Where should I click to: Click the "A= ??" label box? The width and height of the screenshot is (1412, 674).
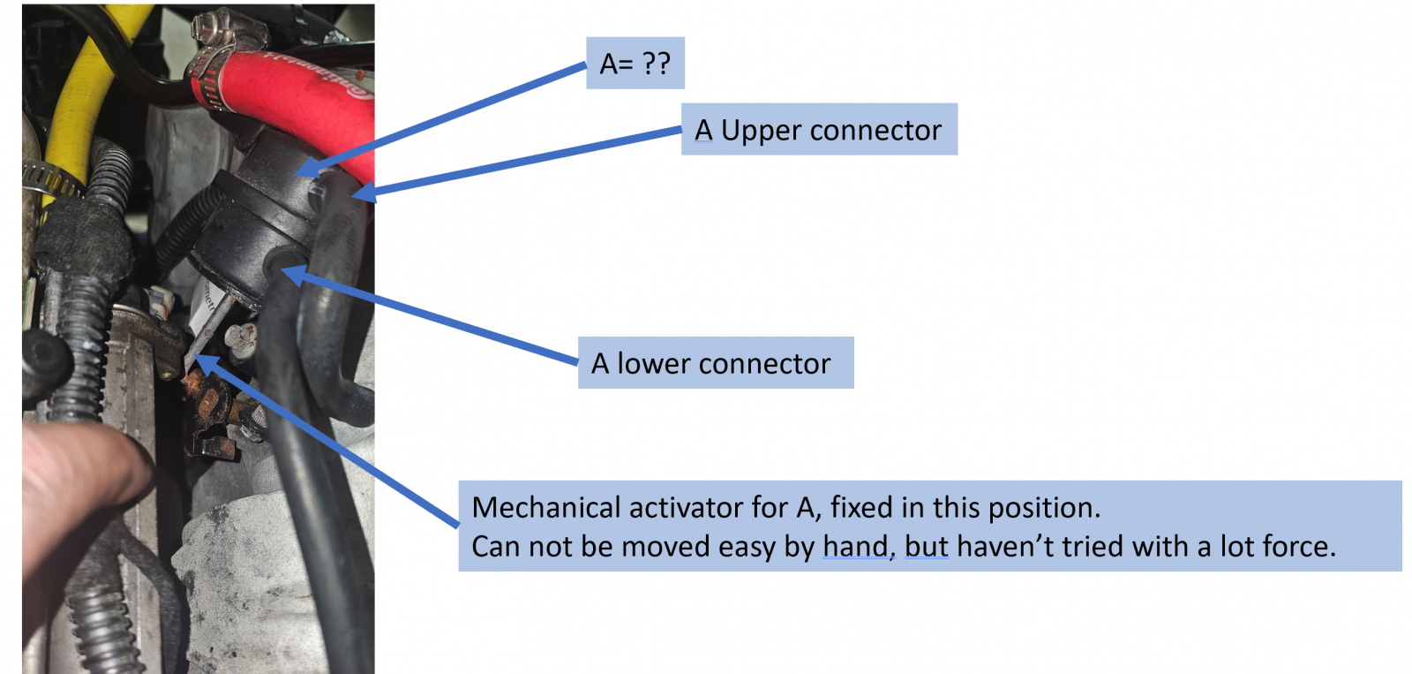pos(635,63)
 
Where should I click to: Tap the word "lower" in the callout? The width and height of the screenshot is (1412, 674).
pos(650,364)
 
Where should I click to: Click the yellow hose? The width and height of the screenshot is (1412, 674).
pos(82,101)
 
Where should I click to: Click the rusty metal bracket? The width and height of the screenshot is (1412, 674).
pos(211,410)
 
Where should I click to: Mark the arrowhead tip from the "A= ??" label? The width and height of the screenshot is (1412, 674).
pos(295,172)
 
